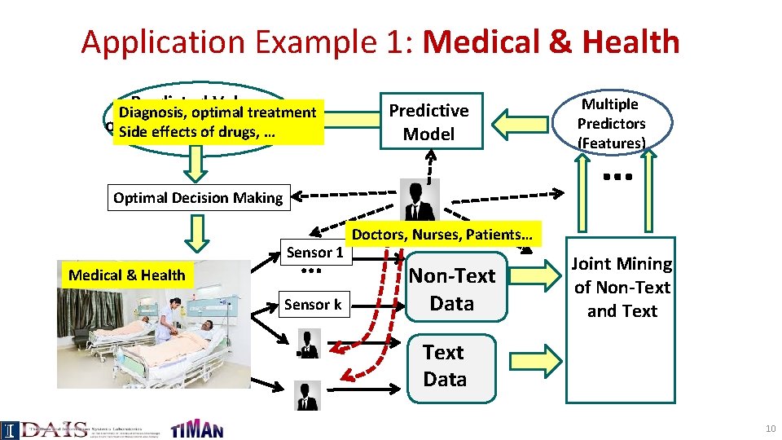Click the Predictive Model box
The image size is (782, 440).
pyautogui.click(x=428, y=121)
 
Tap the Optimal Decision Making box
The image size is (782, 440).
pyautogui.click(x=198, y=198)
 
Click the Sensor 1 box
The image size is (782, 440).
pyautogui.click(x=314, y=253)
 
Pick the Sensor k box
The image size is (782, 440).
pyautogui.click(x=313, y=305)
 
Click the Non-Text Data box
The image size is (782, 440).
pyautogui.click(x=451, y=289)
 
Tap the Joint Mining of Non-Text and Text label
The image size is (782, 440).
pyautogui.click(x=622, y=288)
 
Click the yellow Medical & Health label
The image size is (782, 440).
pyautogui.click(x=126, y=275)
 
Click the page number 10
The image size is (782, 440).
pyautogui.click(x=769, y=429)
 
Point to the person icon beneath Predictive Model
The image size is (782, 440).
pyautogui.click(x=420, y=200)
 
